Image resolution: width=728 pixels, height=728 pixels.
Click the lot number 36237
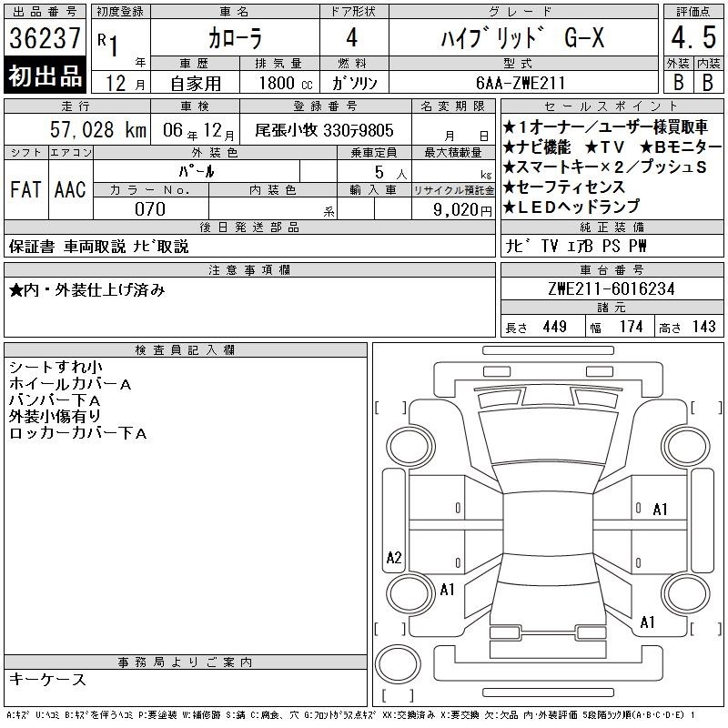45,38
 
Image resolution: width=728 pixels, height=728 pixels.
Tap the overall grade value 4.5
693,37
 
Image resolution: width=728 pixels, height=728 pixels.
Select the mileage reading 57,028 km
98,129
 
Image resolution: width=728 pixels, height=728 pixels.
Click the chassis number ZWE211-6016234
612,288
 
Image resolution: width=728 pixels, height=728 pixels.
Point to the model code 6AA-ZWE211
521,83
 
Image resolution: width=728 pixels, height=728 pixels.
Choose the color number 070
150,209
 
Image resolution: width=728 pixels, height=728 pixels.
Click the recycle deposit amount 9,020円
462,210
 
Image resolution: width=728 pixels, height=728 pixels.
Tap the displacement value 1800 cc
286,83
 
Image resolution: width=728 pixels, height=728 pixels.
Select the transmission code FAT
25,189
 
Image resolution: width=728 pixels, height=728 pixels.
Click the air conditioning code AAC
70,189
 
